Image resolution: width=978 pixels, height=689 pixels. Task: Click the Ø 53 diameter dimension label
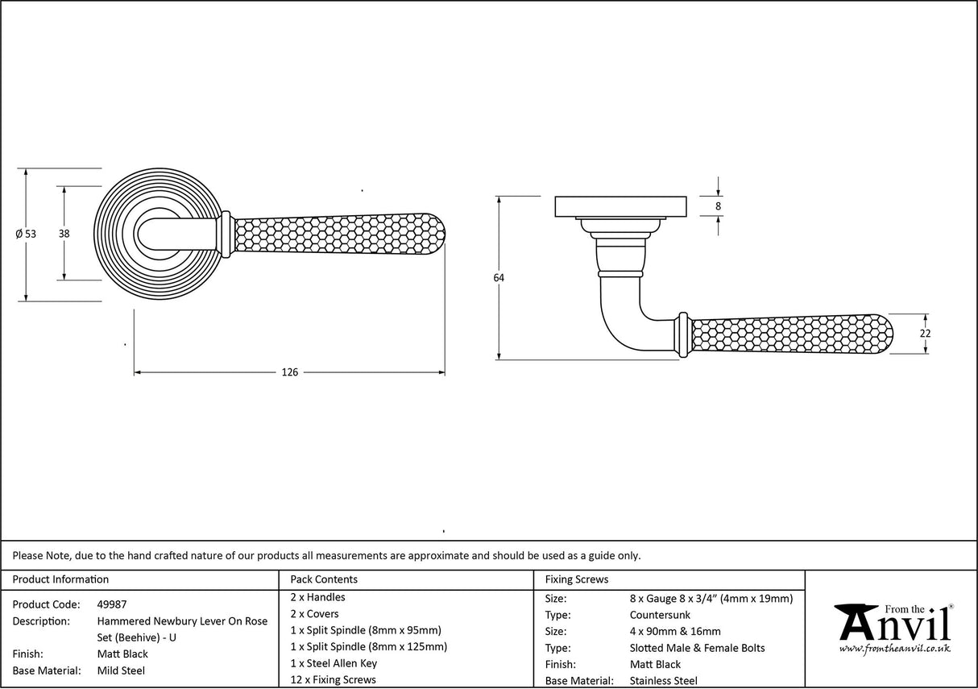pos(26,235)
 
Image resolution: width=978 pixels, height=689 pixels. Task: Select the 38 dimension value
pos(64,234)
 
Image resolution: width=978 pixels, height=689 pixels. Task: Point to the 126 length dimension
pos(289,372)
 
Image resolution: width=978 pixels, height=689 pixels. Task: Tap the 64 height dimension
pos(499,278)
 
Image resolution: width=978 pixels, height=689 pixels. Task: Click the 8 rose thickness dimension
pos(718,206)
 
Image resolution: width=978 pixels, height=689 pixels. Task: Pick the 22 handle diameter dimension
pos(925,334)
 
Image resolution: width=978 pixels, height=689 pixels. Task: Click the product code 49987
pos(112,604)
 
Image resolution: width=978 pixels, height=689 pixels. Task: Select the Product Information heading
pos(60,579)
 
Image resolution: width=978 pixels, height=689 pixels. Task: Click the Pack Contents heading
pos(324,579)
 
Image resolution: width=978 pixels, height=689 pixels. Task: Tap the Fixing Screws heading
pos(577,579)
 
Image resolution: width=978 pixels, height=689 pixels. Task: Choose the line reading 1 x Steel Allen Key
pos(334,663)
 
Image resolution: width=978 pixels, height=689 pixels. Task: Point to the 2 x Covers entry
pos(315,614)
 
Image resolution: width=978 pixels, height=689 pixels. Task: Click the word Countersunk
pos(660,615)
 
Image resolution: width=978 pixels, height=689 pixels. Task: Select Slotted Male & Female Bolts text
pos(697,648)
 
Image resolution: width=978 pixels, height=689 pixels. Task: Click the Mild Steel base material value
pos(121,670)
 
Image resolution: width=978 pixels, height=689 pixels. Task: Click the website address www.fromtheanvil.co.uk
pos(894,649)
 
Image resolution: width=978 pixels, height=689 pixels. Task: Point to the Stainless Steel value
pos(664,681)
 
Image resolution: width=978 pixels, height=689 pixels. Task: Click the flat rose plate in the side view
pos(620,206)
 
